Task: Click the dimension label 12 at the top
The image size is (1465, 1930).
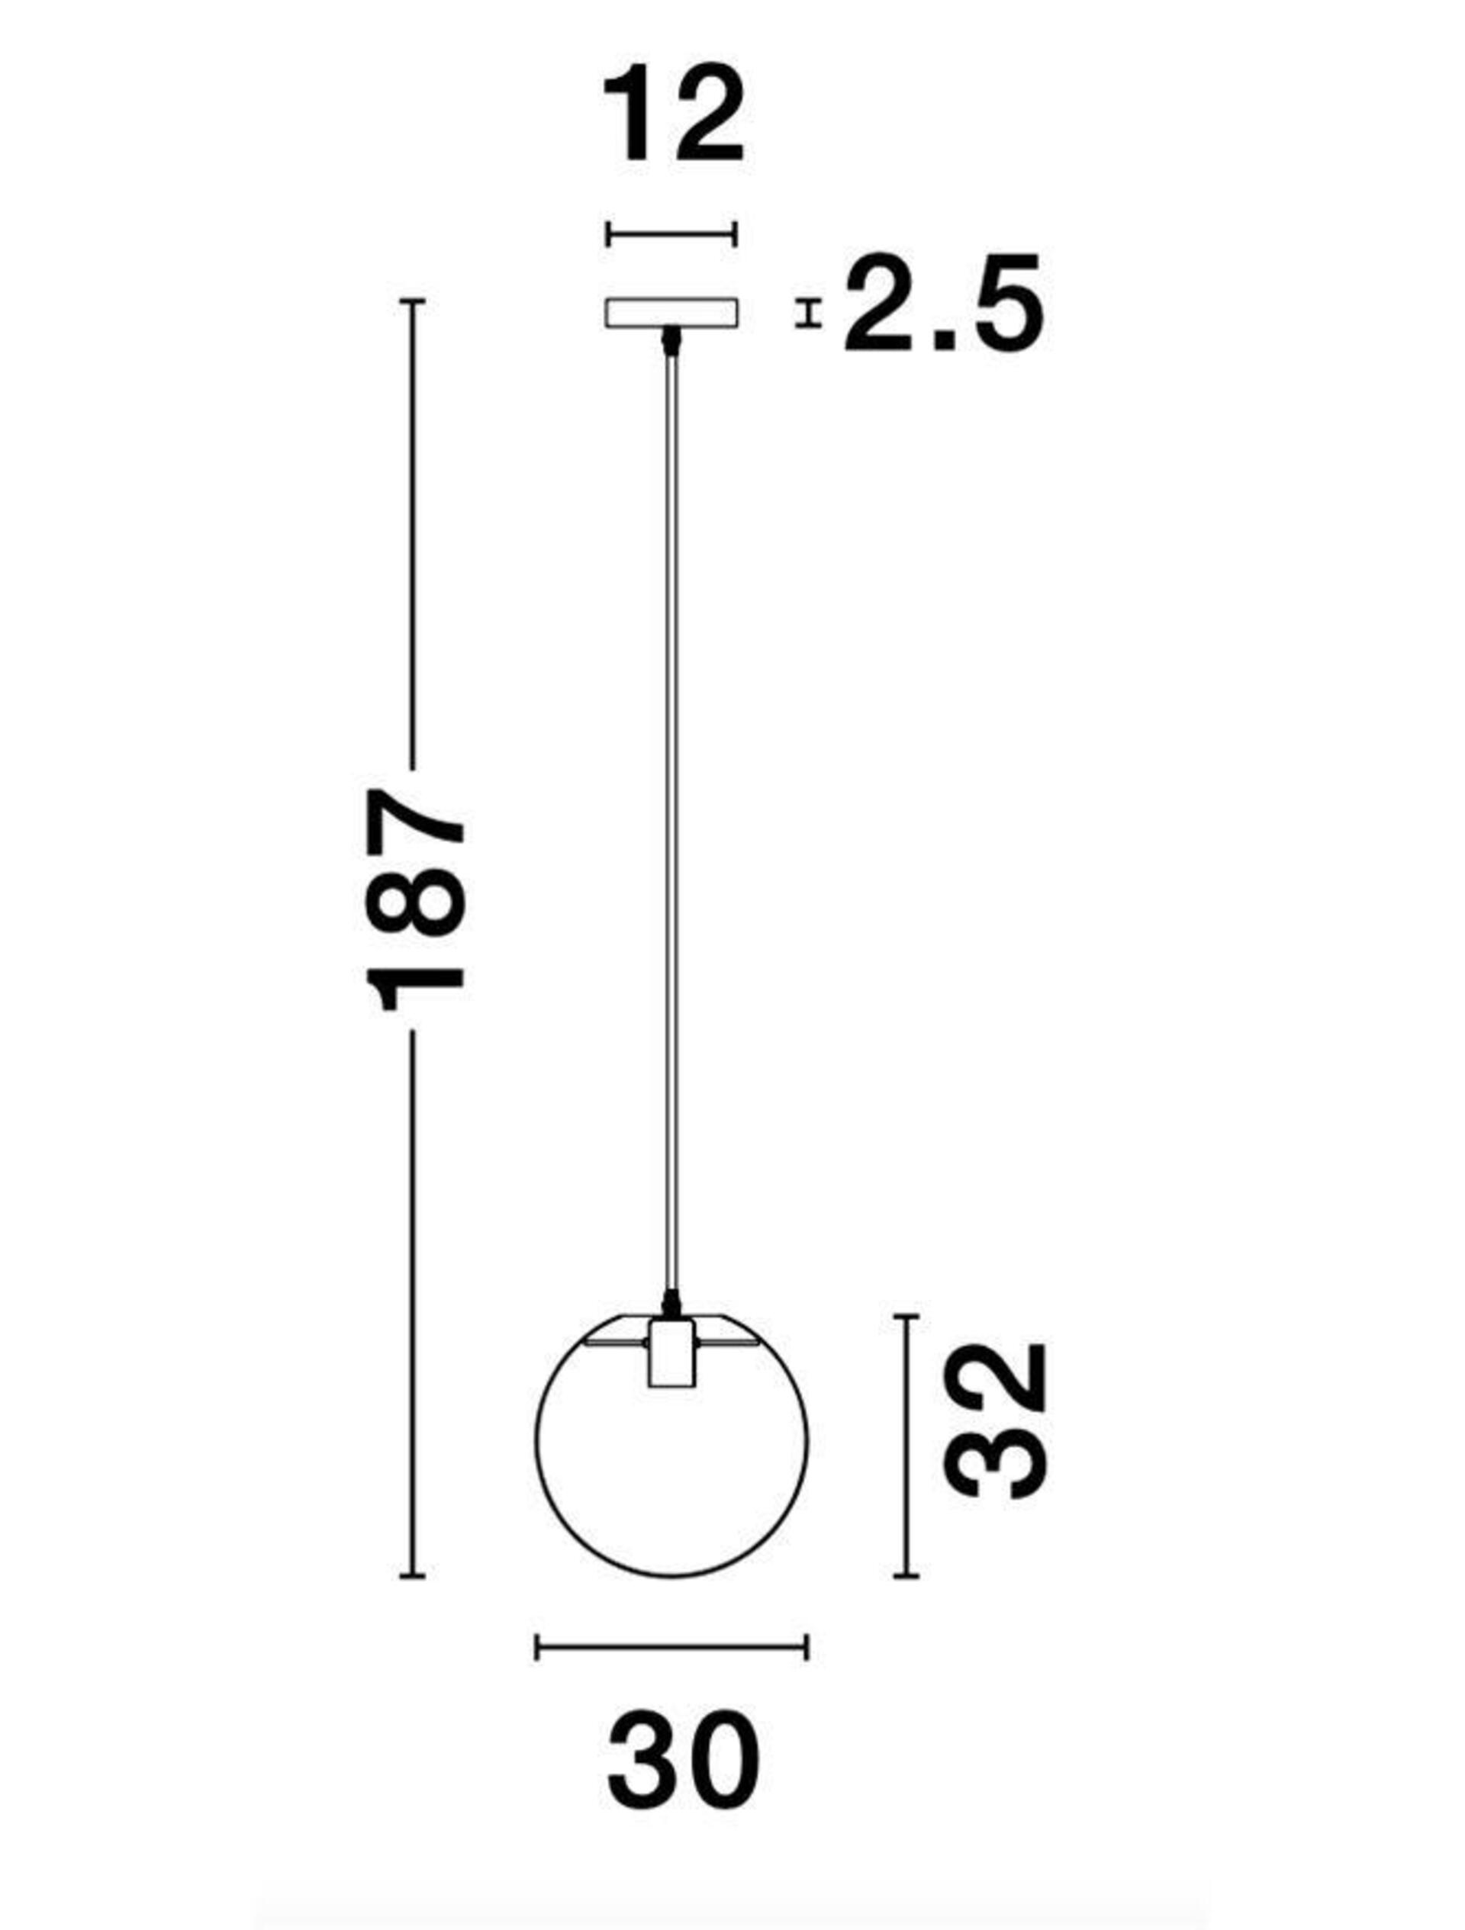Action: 672,115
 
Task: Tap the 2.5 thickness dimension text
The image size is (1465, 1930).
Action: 942,303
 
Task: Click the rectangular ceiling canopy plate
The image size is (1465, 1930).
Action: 672,312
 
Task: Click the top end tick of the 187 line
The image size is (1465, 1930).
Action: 412,301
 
